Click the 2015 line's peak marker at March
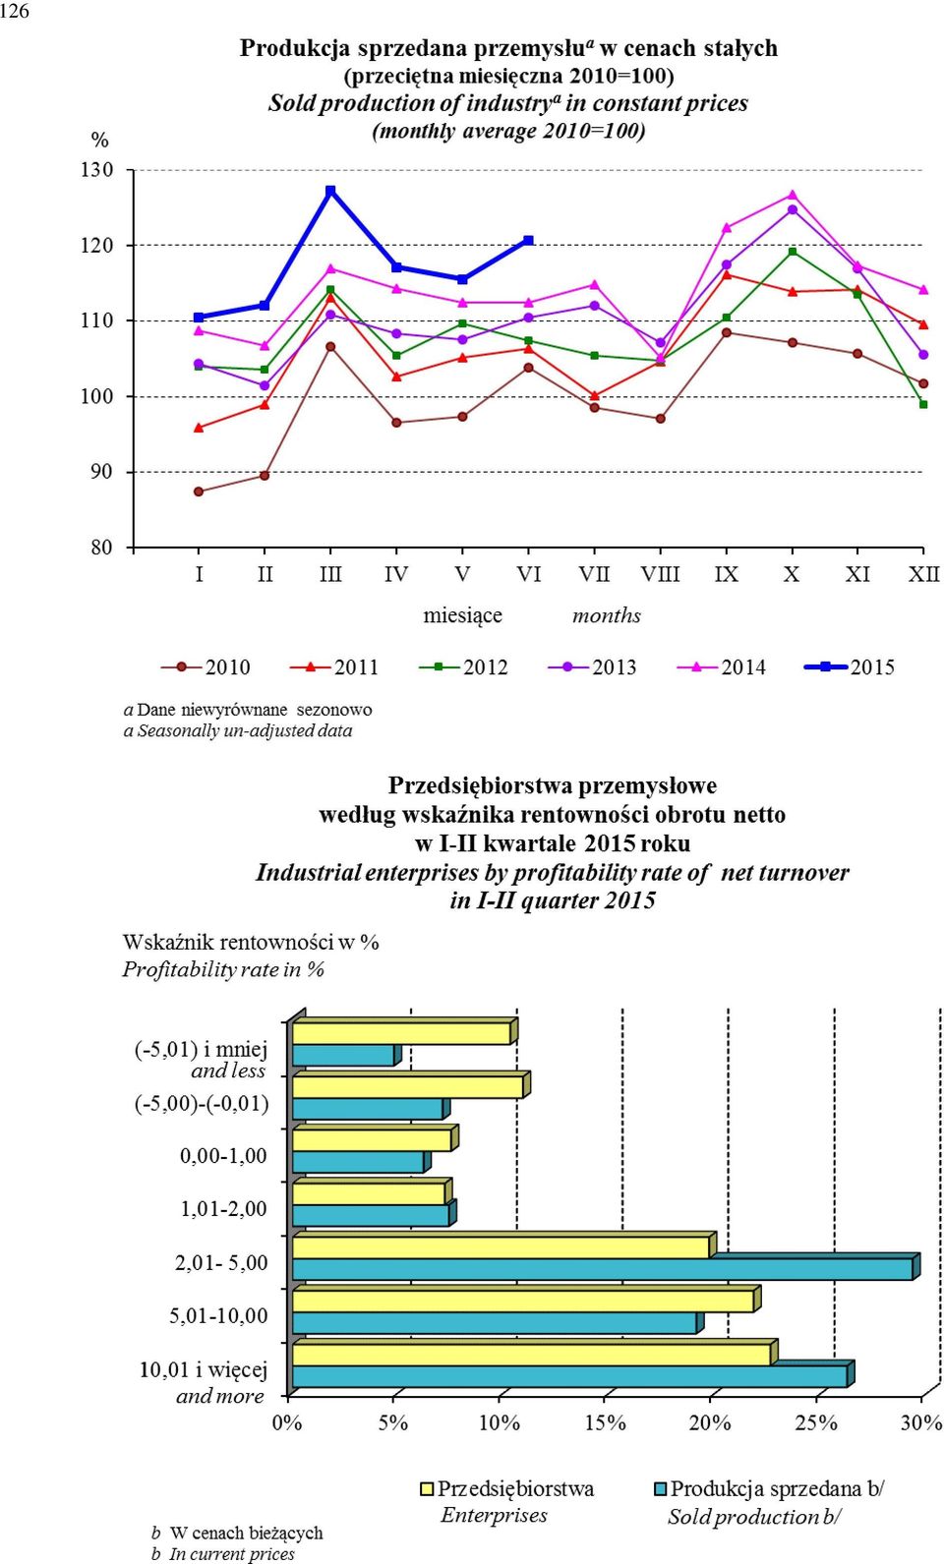click(x=330, y=191)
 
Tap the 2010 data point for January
click(x=199, y=492)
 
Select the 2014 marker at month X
click(x=792, y=195)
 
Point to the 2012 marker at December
click(x=923, y=404)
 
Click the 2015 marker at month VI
click(x=529, y=241)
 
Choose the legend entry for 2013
click(x=592, y=667)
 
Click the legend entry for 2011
click(x=333, y=667)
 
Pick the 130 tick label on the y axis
click(x=96, y=170)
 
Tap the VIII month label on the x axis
click(x=661, y=574)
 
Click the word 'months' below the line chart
click(x=606, y=615)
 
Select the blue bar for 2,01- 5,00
click(x=606, y=1268)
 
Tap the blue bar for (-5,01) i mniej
click(x=346, y=1055)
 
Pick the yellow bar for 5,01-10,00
click(x=526, y=1300)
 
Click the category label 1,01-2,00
click(x=223, y=1208)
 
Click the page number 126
click(x=15, y=11)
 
